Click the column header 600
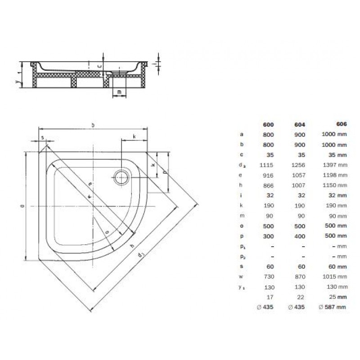point(269,125)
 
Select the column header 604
point(300,125)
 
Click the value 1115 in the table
point(267,165)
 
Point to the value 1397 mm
point(333,165)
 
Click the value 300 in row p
point(269,235)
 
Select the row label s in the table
point(242,266)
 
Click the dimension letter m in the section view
point(119,92)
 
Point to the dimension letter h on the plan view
point(132,246)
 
